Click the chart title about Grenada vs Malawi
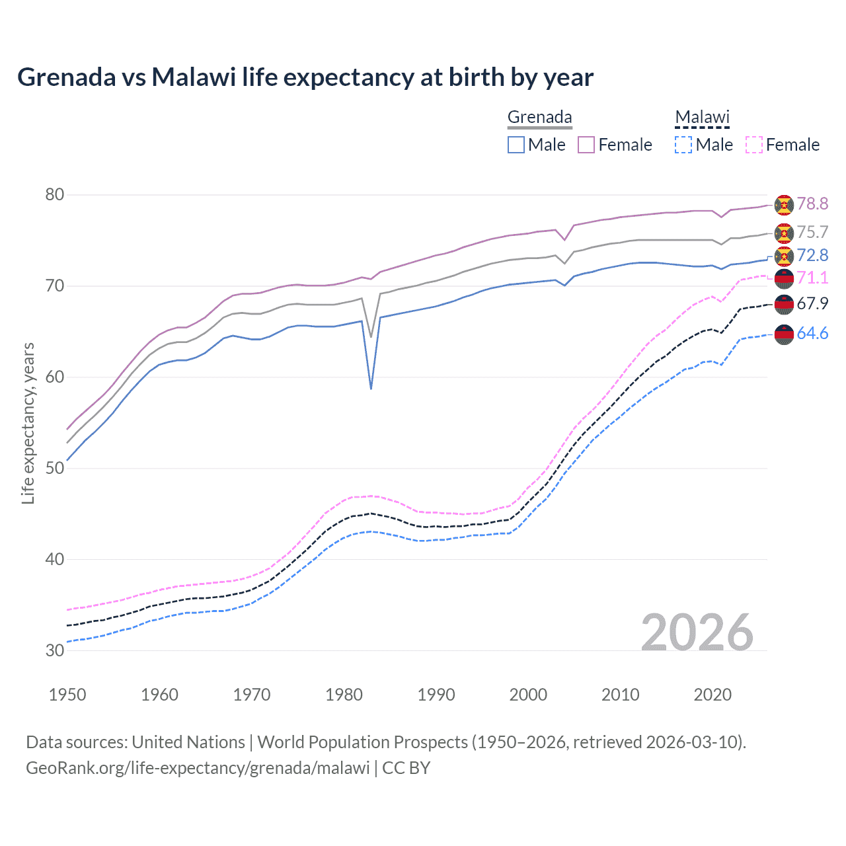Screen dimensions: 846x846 click(x=305, y=77)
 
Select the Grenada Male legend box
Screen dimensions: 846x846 click(x=516, y=145)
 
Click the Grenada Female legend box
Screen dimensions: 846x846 click(x=586, y=145)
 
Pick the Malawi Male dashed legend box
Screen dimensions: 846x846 click(x=683, y=145)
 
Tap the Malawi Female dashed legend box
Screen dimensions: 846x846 click(x=754, y=145)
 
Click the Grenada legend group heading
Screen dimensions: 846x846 click(x=539, y=118)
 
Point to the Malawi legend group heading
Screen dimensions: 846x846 click(x=702, y=118)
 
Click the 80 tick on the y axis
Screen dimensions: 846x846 click(x=55, y=195)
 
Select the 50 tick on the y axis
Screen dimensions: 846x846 click(x=55, y=468)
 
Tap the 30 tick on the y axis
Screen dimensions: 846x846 click(x=55, y=650)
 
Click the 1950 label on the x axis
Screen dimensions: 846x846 click(x=67, y=695)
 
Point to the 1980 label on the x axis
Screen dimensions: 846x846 click(x=344, y=695)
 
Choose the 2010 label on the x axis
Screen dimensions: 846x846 click(x=620, y=695)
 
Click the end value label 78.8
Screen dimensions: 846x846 click(x=812, y=204)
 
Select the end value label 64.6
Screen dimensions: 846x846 click(x=812, y=333)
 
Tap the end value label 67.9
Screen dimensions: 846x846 click(x=812, y=303)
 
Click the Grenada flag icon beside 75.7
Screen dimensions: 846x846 click(x=784, y=233)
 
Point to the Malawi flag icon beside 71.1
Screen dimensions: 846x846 click(x=784, y=279)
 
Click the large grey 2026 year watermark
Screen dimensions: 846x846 click(x=697, y=633)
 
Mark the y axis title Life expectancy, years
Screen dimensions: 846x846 click(x=28, y=423)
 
